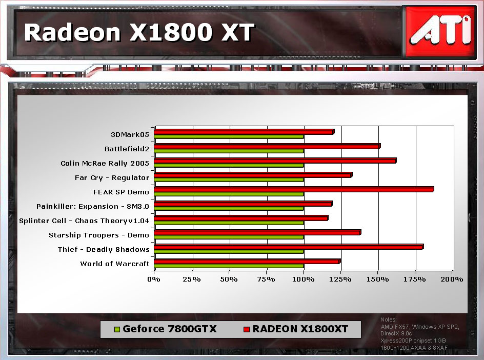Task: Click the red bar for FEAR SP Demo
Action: (x=294, y=189)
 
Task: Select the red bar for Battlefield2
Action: (x=267, y=146)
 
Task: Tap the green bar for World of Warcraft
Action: (x=229, y=266)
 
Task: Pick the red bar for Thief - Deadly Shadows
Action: (x=289, y=247)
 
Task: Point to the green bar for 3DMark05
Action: (x=229, y=136)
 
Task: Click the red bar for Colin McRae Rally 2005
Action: (x=275, y=161)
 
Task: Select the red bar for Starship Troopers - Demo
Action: (x=257, y=232)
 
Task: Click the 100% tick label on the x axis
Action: (x=303, y=279)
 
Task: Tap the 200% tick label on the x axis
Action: (x=452, y=279)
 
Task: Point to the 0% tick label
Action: (x=154, y=279)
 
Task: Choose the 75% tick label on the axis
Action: (x=266, y=279)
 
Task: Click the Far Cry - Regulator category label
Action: (x=112, y=178)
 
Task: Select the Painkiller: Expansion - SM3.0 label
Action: (x=93, y=206)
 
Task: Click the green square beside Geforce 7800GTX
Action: (x=117, y=329)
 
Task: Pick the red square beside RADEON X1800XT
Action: (x=246, y=329)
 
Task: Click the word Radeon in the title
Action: (x=72, y=32)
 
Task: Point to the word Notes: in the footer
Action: (x=388, y=319)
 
